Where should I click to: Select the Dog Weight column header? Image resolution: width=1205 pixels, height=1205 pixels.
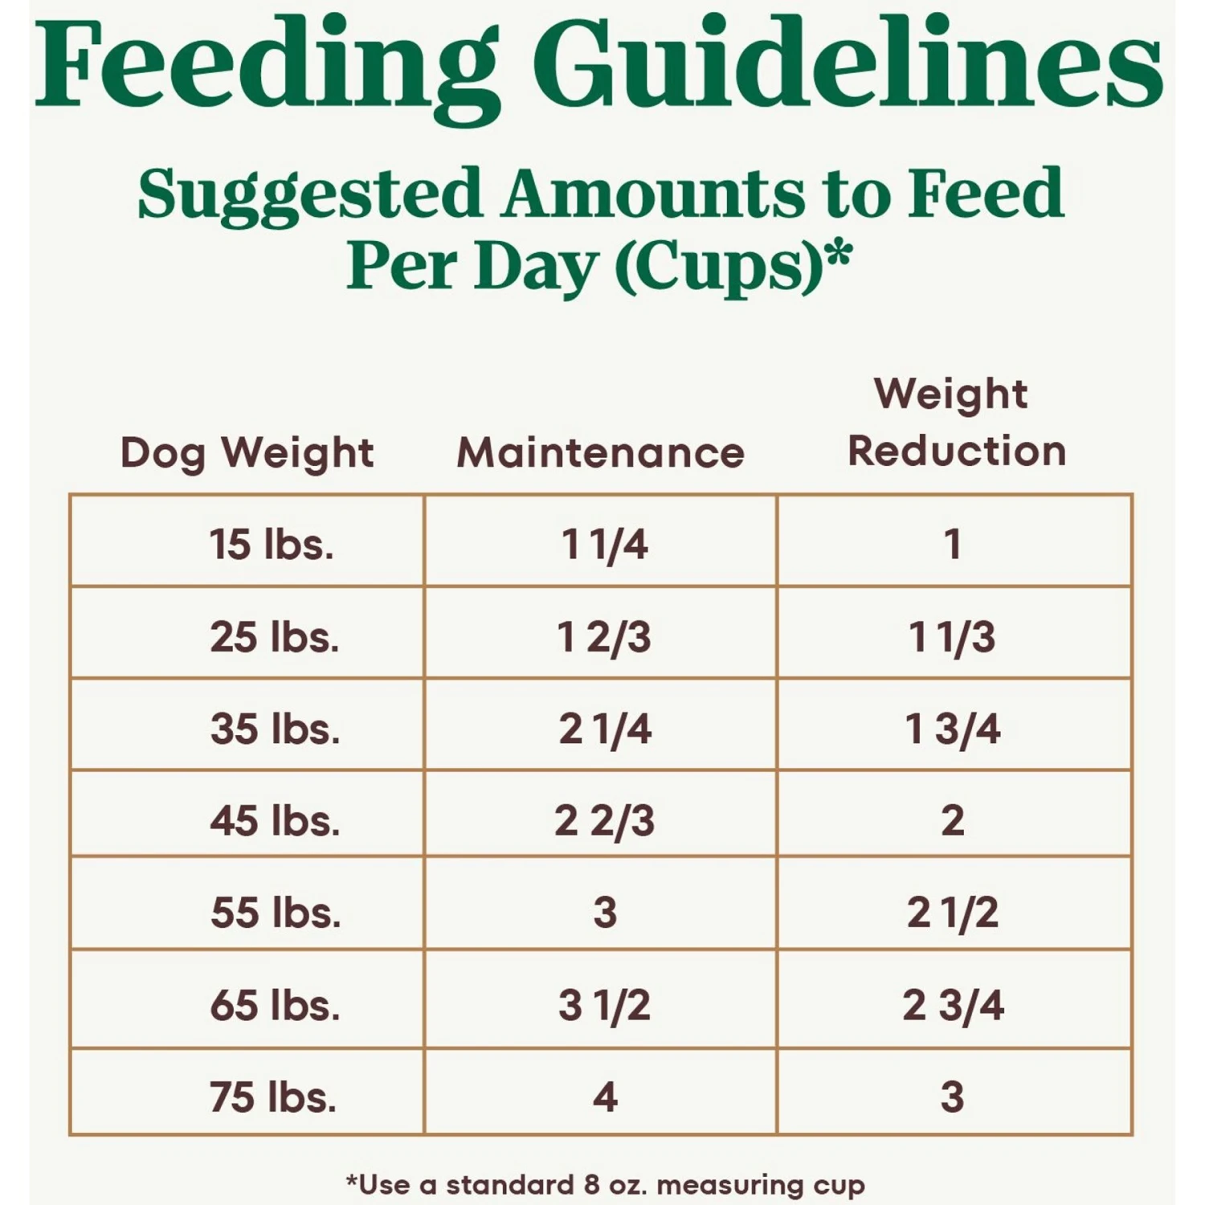247,452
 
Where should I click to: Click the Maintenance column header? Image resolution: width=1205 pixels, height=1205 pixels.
600,452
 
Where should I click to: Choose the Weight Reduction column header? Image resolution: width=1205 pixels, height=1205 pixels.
956,422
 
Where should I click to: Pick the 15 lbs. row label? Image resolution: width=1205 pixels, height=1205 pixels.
272,544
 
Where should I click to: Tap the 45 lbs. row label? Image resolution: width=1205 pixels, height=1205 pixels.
275,820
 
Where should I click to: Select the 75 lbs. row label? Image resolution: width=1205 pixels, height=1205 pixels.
273,1097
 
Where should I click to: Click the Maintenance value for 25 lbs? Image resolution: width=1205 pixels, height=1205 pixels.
604,637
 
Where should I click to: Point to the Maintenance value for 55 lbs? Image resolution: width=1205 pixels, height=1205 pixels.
605,913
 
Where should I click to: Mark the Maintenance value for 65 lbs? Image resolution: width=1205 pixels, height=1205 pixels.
604,1005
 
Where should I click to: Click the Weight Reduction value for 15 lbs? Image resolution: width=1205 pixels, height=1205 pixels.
953,544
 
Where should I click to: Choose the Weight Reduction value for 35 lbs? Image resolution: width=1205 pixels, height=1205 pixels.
953,729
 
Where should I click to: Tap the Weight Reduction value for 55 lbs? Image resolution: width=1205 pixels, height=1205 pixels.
953,913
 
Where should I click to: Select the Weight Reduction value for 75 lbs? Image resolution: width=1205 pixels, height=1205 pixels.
953,1097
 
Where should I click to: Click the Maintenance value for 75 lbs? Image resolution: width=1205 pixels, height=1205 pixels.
605,1097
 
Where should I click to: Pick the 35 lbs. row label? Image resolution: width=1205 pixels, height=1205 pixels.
275,729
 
